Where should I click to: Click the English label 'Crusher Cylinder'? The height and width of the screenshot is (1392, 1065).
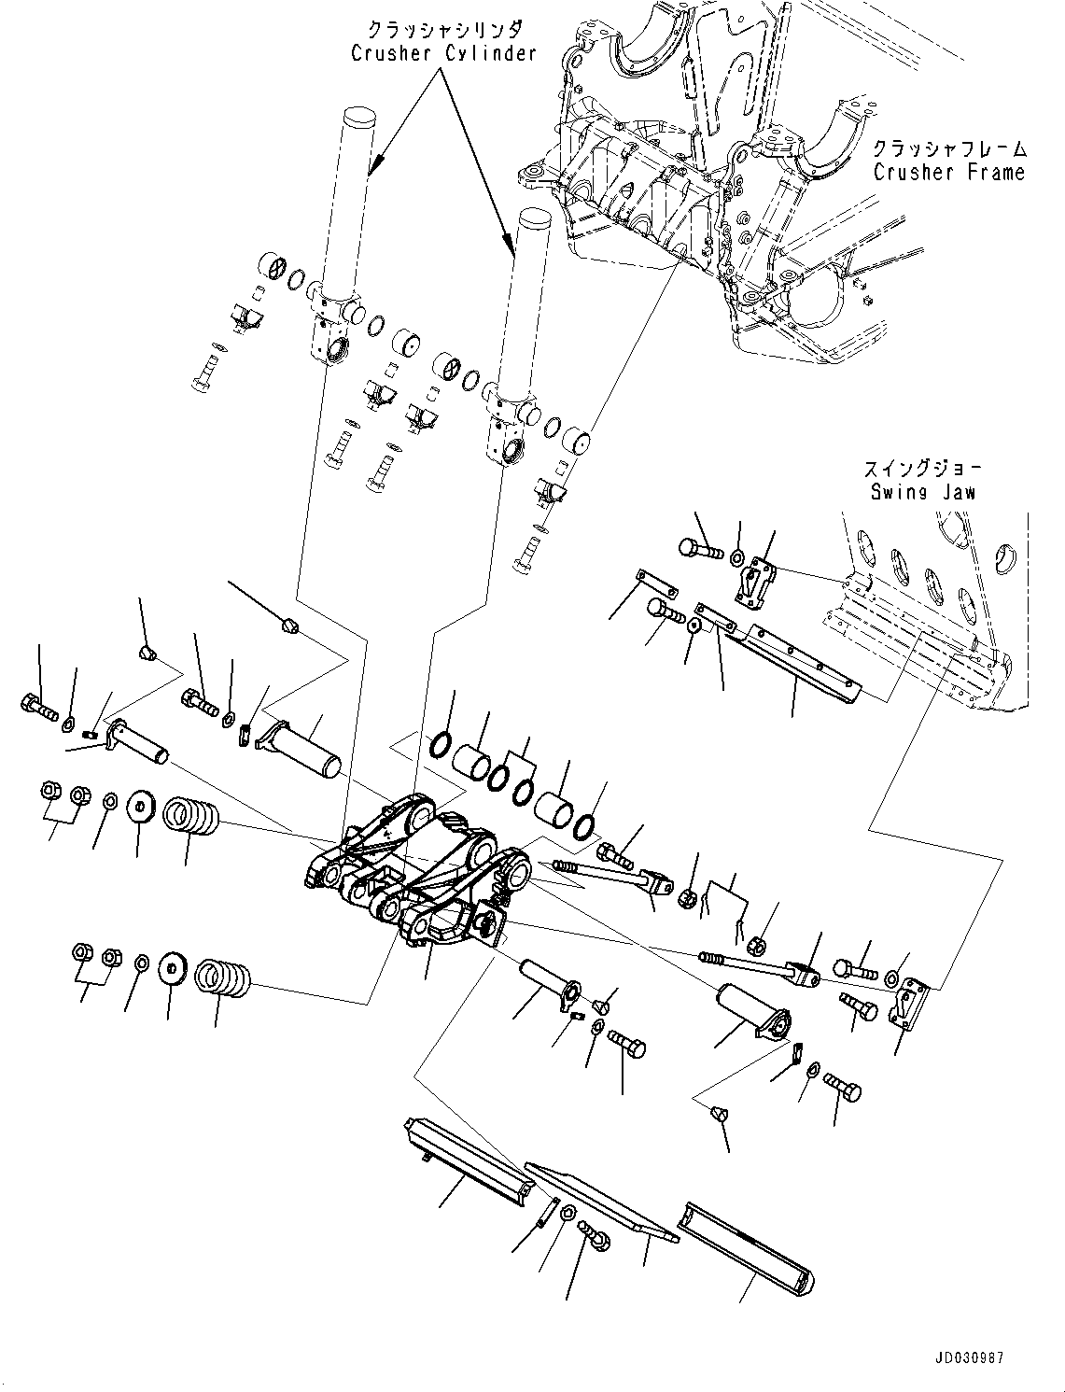(443, 53)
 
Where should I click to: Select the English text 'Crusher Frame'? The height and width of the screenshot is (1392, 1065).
(948, 172)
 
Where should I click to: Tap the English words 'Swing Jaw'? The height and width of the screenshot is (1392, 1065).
(922, 491)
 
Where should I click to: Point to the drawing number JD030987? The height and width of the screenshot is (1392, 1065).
(966, 1359)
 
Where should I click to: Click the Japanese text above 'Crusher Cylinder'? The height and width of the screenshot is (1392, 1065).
(443, 30)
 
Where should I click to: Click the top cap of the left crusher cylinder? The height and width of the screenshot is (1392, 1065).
(358, 118)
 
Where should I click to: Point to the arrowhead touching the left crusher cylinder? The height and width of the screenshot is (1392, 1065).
(371, 171)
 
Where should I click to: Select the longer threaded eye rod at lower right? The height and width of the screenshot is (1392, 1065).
(756, 966)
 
